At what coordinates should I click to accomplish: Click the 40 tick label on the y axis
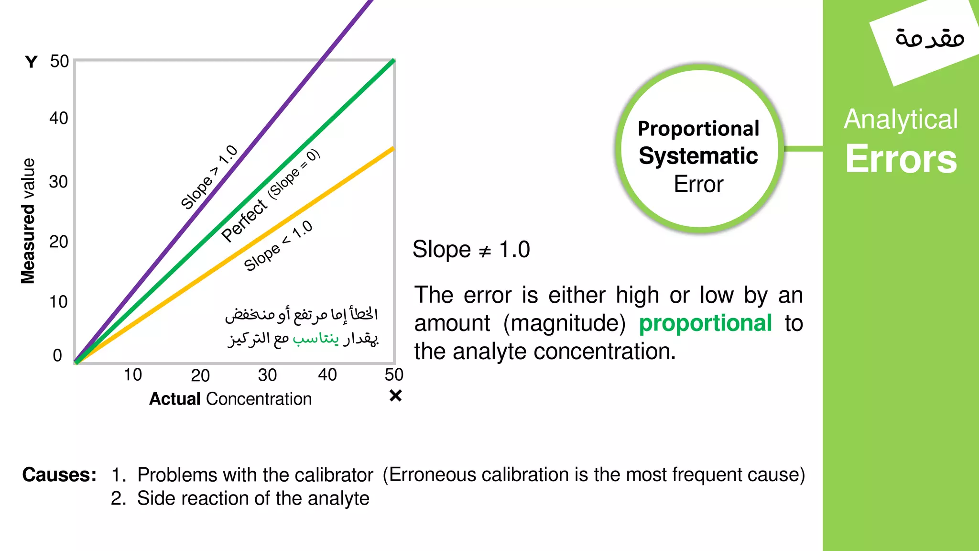click(59, 118)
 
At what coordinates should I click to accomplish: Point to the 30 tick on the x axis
click(267, 375)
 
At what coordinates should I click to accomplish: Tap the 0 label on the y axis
click(57, 355)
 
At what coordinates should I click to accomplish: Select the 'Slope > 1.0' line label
click(209, 177)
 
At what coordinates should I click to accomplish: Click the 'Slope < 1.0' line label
click(278, 246)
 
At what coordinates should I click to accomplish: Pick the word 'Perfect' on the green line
click(244, 220)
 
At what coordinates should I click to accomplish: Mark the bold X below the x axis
click(395, 396)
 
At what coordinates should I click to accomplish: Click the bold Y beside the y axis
click(32, 62)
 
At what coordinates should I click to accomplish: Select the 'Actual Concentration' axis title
click(230, 399)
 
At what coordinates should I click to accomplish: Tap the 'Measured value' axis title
click(28, 221)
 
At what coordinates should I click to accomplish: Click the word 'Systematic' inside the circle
click(698, 156)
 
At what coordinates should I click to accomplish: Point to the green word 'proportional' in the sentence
click(705, 323)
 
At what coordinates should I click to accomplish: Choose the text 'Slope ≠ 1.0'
click(471, 250)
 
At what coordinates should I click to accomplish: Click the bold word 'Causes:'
click(59, 475)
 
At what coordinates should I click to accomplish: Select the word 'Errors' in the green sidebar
click(901, 159)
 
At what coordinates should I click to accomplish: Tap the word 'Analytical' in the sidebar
click(901, 119)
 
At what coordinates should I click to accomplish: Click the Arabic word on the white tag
click(929, 38)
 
